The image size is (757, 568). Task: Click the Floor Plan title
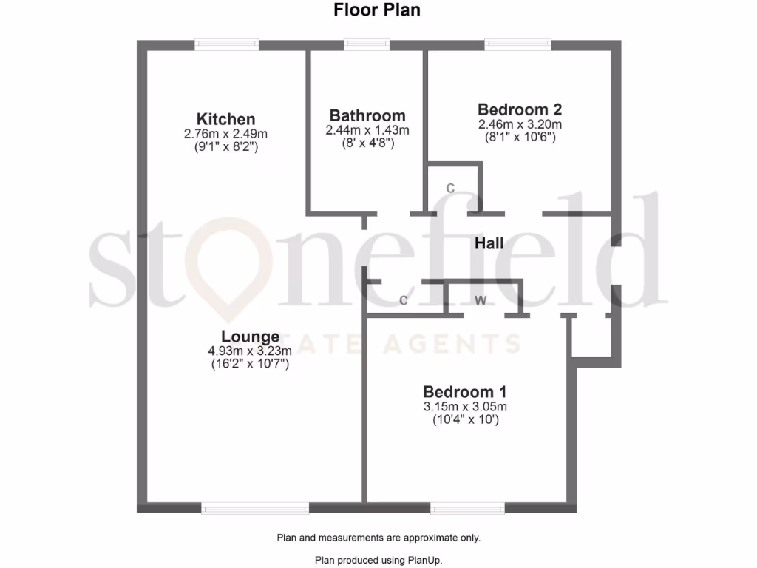coord(378,10)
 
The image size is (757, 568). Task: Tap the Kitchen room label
coord(225,119)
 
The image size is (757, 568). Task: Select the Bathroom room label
coord(367,115)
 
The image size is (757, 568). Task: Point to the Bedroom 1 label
coord(464,392)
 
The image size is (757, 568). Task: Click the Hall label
coord(489,243)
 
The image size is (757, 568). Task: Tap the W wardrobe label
coord(481,300)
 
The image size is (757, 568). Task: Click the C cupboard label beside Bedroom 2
coord(449,188)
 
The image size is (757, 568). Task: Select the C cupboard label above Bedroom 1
coord(404,300)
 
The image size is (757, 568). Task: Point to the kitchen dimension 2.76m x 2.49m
coord(225,134)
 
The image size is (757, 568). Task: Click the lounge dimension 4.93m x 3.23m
coord(250,351)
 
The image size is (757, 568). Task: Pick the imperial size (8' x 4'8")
coord(367,143)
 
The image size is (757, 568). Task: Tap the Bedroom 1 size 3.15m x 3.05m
coord(464,407)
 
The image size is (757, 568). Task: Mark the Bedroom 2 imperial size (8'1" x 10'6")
coord(520,138)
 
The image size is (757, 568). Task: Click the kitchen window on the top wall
coord(227,45)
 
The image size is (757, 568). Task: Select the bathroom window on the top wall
coord(367,45)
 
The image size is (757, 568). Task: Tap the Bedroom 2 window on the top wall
coord(517,45)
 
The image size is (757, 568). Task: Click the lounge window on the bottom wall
coord(255,508)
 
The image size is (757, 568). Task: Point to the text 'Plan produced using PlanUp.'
coord(378,560)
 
